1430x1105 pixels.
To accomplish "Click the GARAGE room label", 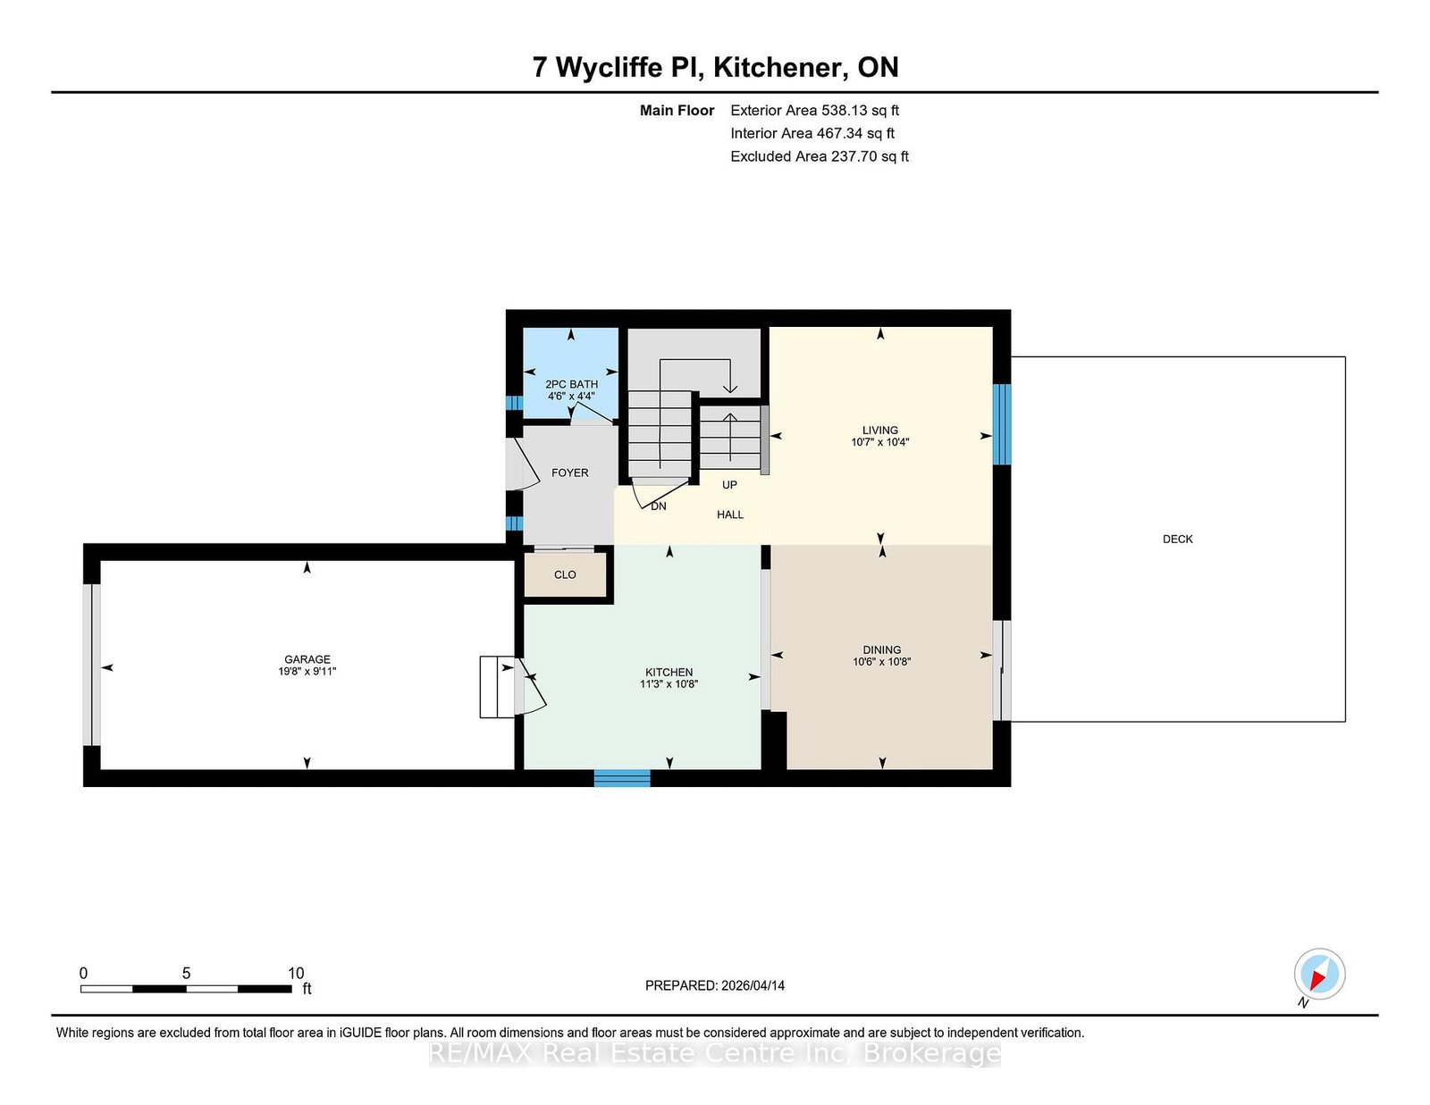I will click(x=307, y=659).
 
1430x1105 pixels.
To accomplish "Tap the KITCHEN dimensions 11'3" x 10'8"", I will click(x=669, y=684).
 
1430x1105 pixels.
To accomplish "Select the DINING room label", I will click(x=881, y=649).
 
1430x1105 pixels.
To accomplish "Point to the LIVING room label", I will click(x=879, y=430).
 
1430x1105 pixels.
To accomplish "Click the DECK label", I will click(x=1177, y=539).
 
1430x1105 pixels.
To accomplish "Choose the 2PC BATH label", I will click(x=571, y=384).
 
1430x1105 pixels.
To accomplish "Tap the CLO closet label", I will click(x=565, y=574).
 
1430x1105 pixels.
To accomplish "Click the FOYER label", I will click(x=569, y=473).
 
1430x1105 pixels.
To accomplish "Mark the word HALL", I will click(x=729, y=515).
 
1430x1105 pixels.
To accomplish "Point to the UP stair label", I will click(x=729, y=485).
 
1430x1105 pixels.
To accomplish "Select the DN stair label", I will click(x=659, y=506).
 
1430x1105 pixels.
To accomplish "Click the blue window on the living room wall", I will click(x=1002, y=424).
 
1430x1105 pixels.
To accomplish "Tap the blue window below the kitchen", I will click(x=622, y=778).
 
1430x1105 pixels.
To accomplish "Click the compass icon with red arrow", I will click(x=1319, y=974).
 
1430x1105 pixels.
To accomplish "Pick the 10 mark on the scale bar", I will click(x=296, y=973).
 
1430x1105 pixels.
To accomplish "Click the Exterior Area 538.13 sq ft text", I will click(x=814, y=111).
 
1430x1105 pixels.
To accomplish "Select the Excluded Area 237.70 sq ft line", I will click(x=819, y=156).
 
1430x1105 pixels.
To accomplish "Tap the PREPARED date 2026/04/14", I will click(x=714, y=985).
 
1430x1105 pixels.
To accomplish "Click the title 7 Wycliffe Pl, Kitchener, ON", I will click(x=715, y=67).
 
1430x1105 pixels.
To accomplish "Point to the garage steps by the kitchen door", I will click(x=497, y=686).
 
